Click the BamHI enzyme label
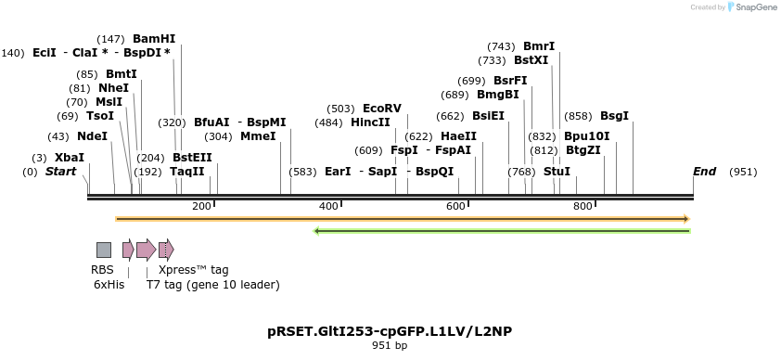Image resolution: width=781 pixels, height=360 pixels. tap(154, 39)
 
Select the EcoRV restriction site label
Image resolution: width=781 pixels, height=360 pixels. tap(381, 109)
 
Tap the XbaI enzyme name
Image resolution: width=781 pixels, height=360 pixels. tap(69, 158)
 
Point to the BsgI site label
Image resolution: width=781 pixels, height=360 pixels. tap(614, 116)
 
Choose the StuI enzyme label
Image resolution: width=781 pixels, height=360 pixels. tap(557, 172)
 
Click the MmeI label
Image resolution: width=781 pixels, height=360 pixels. tap(258, 136)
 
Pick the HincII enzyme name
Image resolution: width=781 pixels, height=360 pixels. tap(370, 122)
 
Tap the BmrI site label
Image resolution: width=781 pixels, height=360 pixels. tap(539, 46)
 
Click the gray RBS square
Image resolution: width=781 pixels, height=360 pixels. tap(104, 249)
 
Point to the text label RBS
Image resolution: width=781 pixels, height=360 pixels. tap(102, 270)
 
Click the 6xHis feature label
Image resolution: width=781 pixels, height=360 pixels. tap(109, 285)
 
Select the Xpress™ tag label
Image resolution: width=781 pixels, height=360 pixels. tap(193, 270)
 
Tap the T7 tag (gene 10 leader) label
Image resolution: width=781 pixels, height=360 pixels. tap(212, 285)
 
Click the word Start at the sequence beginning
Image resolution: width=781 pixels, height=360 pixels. tap(60, 172)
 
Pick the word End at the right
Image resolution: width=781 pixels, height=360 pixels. tap(704, 172)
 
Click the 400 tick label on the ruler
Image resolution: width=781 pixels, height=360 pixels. tap(328, 205)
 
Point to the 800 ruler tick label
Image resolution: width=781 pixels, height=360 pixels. tap(583, 205)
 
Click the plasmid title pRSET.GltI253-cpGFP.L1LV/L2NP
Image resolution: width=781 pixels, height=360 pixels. tap(390, 331)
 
